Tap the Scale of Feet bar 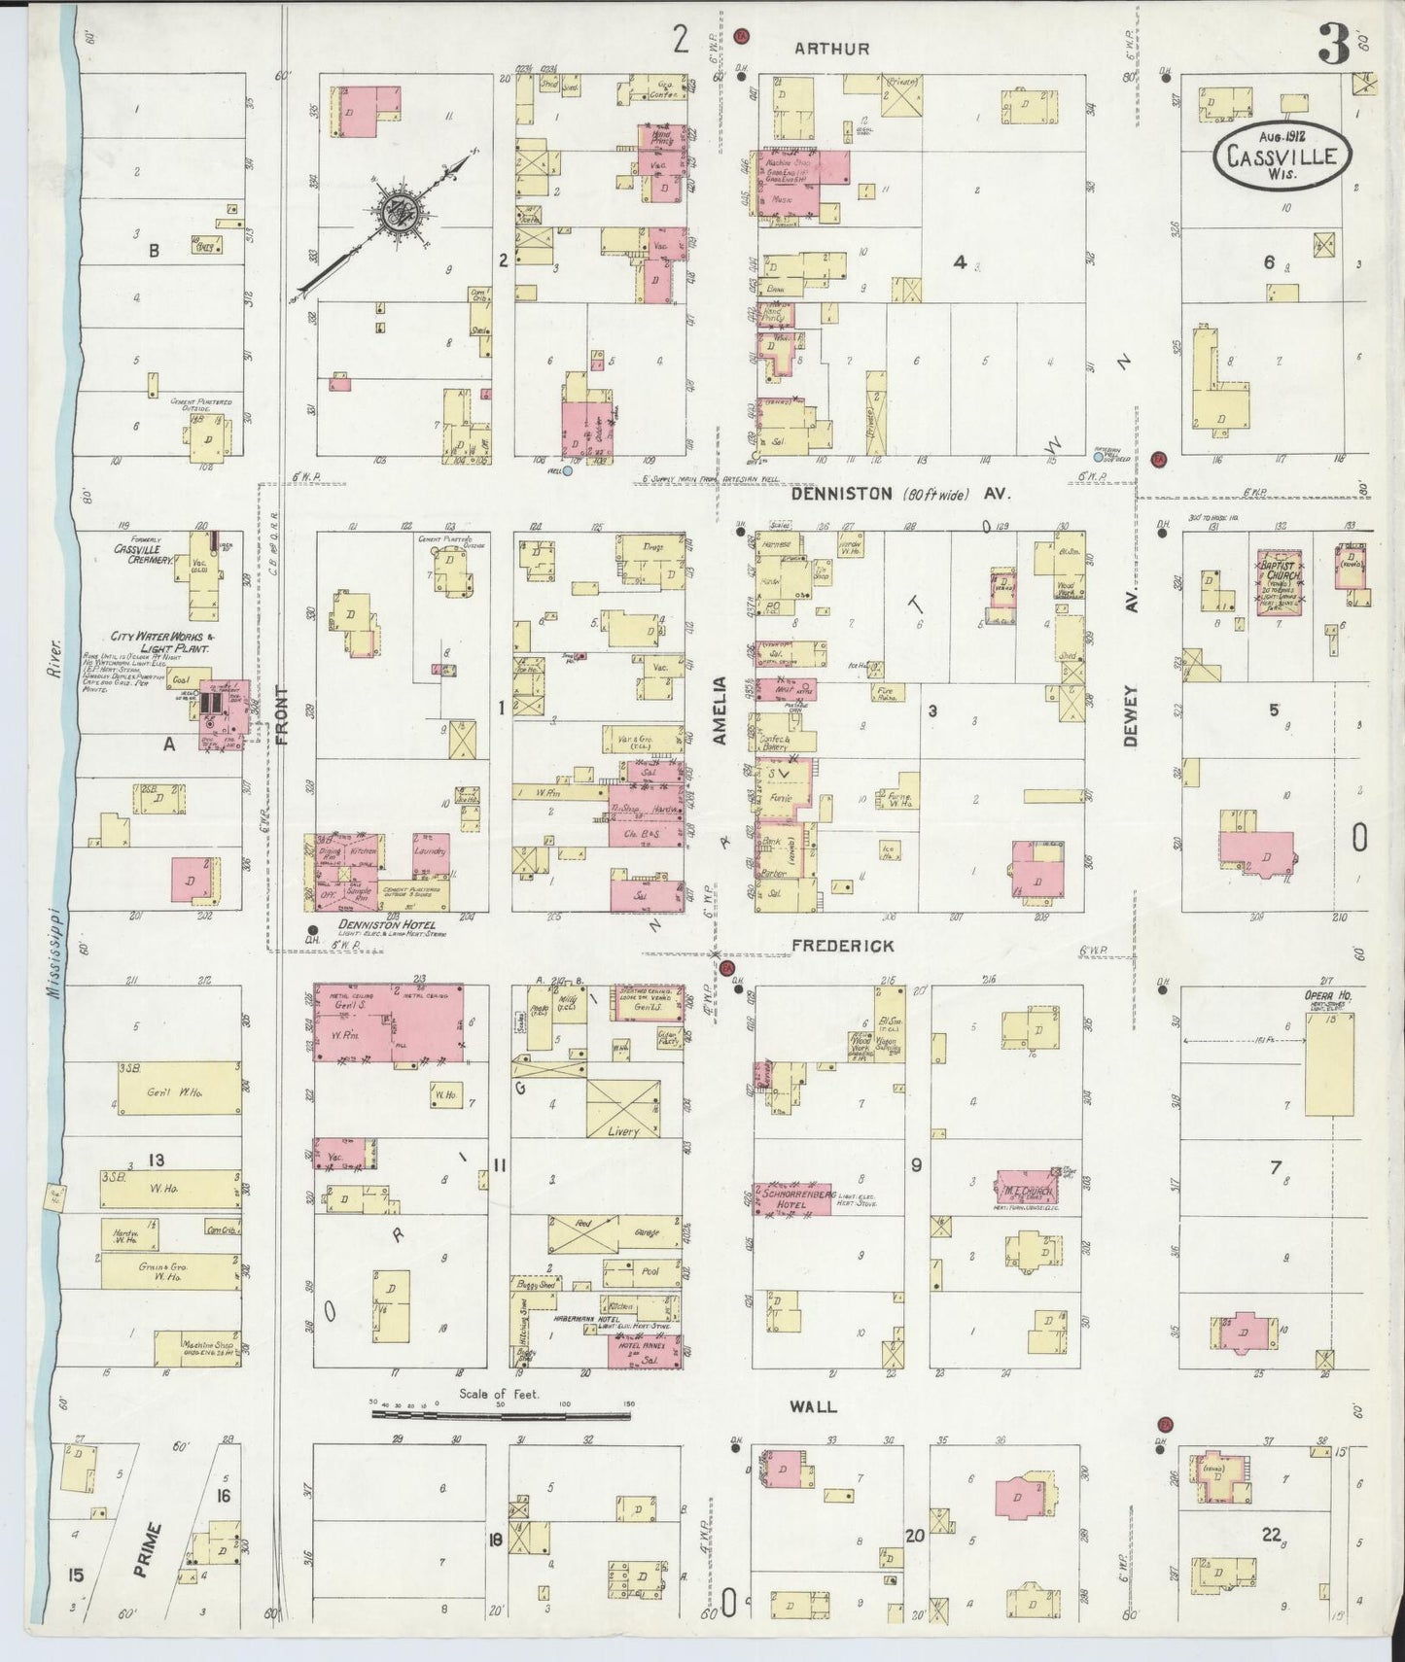[x=501, y=1413]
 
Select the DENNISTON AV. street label [x=900, y=494]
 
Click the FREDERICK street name [x=842, y=945]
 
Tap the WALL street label [x=813, y=1406]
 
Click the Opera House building [x=1329, y=1060]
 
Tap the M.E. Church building [x=1025, y=1191]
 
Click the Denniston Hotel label [x=387, y=924]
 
